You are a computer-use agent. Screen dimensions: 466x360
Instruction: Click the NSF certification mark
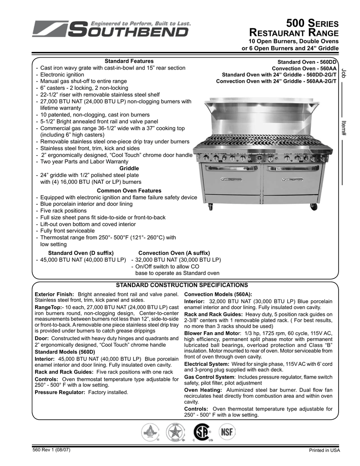(x=226, y=431)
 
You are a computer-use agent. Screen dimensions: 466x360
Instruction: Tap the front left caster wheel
(x=210, y=207)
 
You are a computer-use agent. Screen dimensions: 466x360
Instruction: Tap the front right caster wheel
(x=313, y=207)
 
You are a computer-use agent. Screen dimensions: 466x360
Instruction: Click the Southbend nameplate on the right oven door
(x=291, y=180)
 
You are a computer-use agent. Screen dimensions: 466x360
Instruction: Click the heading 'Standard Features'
(x=129, y=61)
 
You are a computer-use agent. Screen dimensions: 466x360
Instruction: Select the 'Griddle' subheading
(x=129, y=168)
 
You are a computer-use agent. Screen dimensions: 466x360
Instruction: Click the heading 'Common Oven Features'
(x=129, y=191)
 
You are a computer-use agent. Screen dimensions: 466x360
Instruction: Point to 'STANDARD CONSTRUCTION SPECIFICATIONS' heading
(x=182, y=285)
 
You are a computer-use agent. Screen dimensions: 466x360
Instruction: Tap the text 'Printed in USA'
(x=325, y=451)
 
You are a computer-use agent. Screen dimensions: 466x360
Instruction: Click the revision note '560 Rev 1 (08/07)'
(x=51, y=450)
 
